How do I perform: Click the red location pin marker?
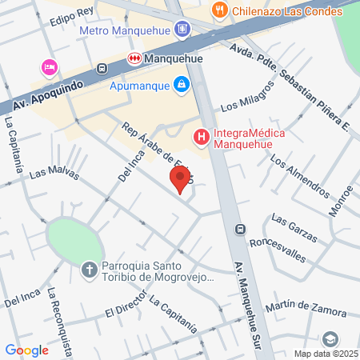(180, 179)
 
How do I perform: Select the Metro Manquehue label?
(127, 30)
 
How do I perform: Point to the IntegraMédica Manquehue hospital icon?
(202, 138)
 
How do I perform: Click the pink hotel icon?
(49, 65)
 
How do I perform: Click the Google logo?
(26, 350)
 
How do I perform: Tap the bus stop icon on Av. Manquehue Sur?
(239, 230)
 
